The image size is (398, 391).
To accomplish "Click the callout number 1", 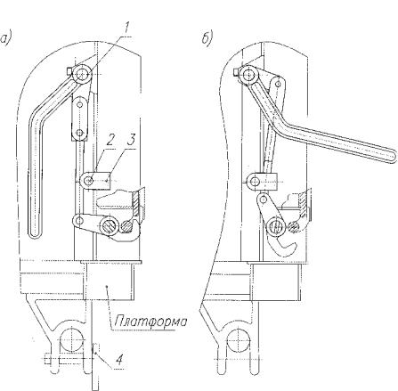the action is (126, 29).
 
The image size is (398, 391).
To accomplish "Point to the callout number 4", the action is (118, 360).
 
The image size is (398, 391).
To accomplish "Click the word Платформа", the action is (151, 322).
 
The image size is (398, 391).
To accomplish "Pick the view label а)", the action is (5, 39).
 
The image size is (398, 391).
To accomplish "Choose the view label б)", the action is (207, 39).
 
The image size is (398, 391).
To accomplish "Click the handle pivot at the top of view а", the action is (82, 74).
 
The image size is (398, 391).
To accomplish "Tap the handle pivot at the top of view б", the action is (248, 74).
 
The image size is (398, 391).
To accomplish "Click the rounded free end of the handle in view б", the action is (392, 156).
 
